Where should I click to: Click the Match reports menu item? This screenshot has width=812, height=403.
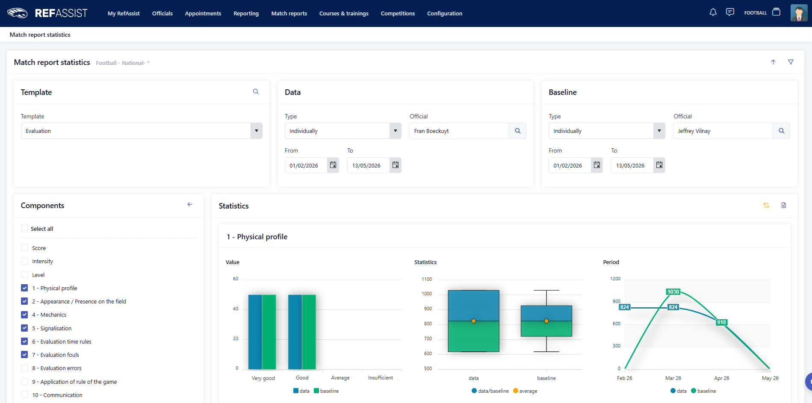coord(289,13)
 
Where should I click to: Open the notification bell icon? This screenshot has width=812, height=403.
coord(713,12)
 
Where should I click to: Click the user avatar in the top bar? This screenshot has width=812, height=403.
coord(799,13)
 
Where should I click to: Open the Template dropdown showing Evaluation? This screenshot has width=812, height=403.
coord(142,131)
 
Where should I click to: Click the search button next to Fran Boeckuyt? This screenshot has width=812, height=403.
coord(517,131)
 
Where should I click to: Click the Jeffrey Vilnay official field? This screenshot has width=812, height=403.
coord(723,131)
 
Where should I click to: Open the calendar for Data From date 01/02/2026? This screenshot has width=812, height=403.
coord(333,165)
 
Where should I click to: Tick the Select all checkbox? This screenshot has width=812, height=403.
coord(24,229)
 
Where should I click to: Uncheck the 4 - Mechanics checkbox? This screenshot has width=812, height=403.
coord(24,315)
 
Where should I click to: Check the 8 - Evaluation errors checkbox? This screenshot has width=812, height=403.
coord(24,368)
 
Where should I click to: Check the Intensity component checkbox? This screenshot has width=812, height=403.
coord(24,261)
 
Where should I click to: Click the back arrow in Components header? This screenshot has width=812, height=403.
coord(190,205)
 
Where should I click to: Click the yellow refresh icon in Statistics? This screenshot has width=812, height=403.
coord(766,206)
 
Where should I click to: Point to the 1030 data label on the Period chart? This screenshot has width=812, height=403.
coord(673,292)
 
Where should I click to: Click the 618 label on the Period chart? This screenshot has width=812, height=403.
coord(722,322)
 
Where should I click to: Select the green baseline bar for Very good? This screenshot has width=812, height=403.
coord(269,332)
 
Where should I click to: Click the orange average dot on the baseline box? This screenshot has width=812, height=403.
coord(546,321)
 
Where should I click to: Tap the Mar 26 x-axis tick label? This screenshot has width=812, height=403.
coord(673,378)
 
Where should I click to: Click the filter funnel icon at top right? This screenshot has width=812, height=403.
coord(791,62)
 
